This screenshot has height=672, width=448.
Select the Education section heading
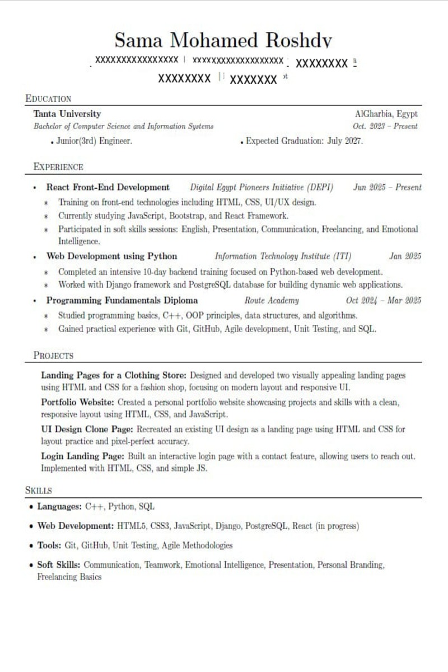(48, 99)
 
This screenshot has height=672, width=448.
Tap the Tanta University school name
(67, 114)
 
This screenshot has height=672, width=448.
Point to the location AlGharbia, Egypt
(386, 114)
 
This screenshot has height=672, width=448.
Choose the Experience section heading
(58, 167)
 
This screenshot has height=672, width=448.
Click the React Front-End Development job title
(108, 187)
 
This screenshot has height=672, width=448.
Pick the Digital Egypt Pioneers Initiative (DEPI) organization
(263, 187)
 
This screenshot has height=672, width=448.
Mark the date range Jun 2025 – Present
(387, 187)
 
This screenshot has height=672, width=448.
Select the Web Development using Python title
(111, 256)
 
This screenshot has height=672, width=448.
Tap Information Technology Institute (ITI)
(283, 256)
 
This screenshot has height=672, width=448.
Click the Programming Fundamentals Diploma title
(122, 300)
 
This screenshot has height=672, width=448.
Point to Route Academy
(268, 300)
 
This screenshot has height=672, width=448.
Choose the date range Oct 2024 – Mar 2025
(383, 300)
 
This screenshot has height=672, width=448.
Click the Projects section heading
(53, 356)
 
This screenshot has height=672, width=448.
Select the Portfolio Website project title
(78, 402)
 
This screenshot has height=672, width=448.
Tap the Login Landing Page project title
(83, 456)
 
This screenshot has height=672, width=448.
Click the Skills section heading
(39, 491)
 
